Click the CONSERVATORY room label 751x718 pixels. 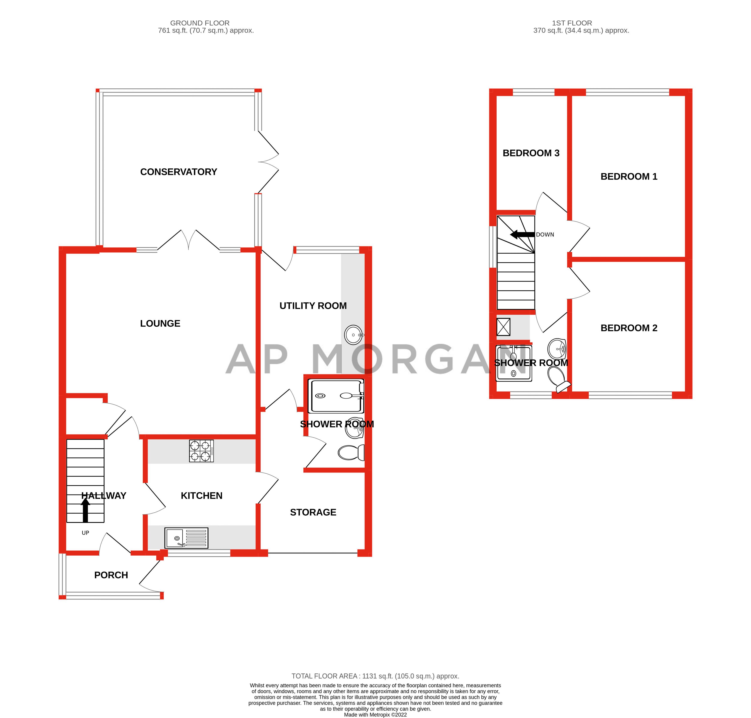pos(178,172)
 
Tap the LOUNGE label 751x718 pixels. pos(160,323)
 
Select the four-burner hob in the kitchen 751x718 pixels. pos(201,451)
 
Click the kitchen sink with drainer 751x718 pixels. pos(186,538)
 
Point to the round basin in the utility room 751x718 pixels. pos(353,335)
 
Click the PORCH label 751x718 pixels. pos(111,575)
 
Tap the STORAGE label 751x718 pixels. pos(313,512)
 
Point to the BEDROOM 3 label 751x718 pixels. pos(531,153)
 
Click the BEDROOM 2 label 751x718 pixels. pos(629,328)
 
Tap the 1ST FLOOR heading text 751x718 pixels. pos(572,23)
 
